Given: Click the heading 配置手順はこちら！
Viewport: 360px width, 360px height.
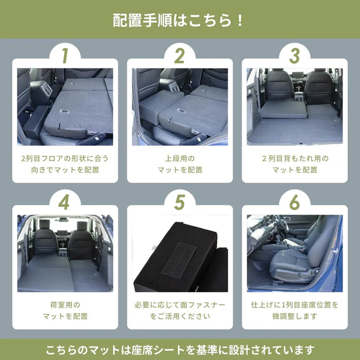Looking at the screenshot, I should tap(179, 21).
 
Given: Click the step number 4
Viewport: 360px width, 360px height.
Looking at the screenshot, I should tap(64, 203).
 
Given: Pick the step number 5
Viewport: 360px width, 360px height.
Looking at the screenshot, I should tap(179, 203).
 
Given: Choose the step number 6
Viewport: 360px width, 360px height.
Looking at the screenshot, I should tap(294, 203).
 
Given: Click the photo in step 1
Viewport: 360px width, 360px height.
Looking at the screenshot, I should tap(65, 106).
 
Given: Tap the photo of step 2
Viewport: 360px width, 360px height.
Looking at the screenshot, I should tap(179, 106).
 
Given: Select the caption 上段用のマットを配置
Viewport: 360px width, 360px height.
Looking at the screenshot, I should tap(179, 164).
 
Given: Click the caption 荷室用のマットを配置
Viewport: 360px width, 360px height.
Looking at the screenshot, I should tap(65, 311).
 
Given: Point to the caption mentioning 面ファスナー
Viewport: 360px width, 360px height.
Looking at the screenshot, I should tap(179, 311).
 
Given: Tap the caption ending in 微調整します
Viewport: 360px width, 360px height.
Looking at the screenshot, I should tap(295, 311).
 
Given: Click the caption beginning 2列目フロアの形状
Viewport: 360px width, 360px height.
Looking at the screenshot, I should tap(65, 164).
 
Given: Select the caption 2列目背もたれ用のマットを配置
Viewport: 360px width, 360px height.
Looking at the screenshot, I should tap(295, 164).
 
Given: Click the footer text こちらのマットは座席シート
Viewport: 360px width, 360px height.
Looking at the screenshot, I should tap(179, 350).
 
